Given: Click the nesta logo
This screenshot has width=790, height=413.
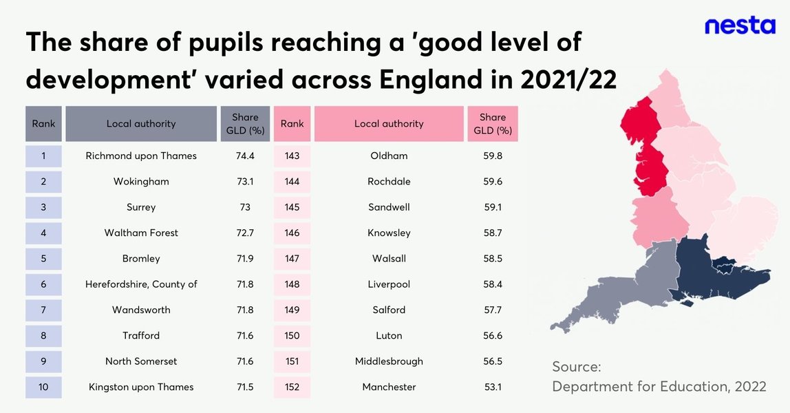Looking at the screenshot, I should pos(740,26).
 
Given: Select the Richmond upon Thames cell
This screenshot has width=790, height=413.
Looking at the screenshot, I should pos(141,156).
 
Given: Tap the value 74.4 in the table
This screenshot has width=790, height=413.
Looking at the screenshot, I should pos(245,156).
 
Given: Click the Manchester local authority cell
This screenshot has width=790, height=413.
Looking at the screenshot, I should pos(389,387).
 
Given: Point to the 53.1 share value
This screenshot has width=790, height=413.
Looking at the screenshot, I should pos(493,387).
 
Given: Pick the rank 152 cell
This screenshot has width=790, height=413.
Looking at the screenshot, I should pos(292,387).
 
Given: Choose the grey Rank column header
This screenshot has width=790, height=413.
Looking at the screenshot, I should pos(43,124).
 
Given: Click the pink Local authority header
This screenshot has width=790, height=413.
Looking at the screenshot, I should pos(389,124).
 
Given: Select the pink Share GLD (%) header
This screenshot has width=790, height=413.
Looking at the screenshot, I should pos(493,124).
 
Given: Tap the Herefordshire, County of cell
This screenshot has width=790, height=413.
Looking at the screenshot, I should pos(141,284).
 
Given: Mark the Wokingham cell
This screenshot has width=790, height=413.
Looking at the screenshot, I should pos(141,182).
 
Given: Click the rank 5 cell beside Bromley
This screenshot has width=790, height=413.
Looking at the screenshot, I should pos(43,259).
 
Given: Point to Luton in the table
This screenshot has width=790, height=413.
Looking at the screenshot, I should pos(389,335).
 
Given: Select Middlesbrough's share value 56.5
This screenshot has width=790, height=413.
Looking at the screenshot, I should pos(493,361).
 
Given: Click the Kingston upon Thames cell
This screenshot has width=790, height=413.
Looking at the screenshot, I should pos(141,387).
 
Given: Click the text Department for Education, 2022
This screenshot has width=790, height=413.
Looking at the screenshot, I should pos(659,387).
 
